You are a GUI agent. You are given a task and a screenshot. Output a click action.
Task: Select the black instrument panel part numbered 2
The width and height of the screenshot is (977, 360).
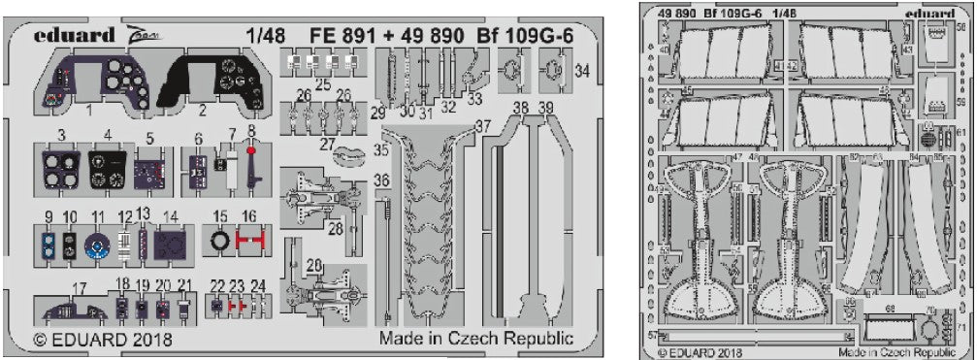click(217, 77)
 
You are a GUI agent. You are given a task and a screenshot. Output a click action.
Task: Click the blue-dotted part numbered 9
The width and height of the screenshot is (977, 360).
click(48, 244)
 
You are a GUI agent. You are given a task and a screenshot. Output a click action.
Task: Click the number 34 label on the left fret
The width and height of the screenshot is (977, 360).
click(582, 71)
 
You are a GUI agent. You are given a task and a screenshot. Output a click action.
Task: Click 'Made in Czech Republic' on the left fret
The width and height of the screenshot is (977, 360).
click(476, 340)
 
